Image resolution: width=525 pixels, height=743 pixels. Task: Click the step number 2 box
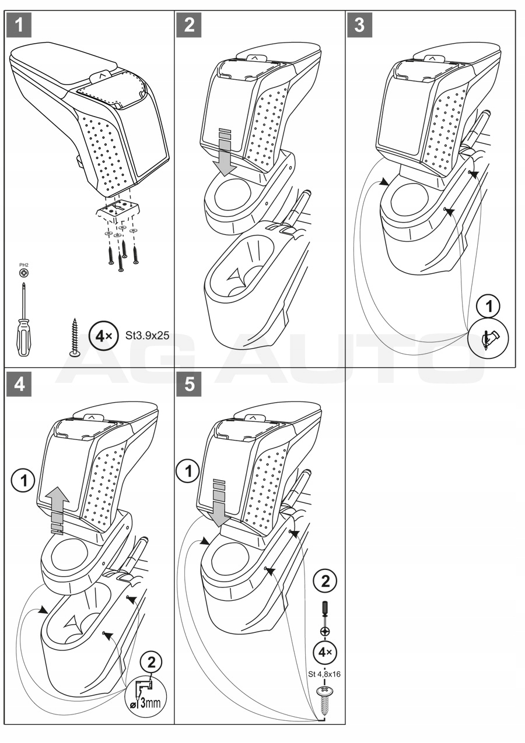[191, 25]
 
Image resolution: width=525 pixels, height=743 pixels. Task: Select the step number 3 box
[362, 25]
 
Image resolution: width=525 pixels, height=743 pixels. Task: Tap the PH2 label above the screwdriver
[23, 266]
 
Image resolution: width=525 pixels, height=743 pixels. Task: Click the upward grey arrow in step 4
[57, 507]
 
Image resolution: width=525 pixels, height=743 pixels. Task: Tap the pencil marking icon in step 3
[489, 337]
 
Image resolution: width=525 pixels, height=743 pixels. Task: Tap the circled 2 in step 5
[325, 580]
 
